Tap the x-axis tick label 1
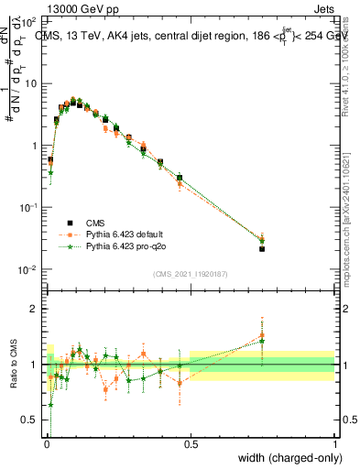(334, 442)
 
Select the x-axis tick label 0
(46, 442)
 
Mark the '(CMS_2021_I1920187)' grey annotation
(190, 274)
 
